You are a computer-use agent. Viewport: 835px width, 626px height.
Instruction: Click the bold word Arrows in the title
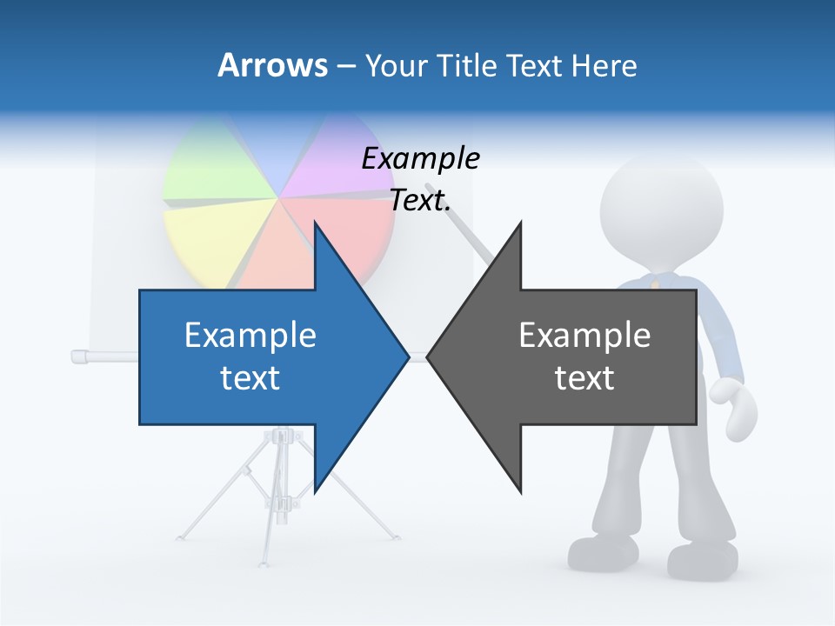click(272, 65)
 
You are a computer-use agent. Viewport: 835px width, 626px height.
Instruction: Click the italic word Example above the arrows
click(421, 159)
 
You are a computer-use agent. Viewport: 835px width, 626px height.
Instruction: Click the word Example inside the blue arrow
click(250, 336)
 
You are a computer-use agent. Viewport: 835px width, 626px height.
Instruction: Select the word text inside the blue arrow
click(250, 378)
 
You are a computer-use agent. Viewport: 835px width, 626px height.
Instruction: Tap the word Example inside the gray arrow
click(584, 336)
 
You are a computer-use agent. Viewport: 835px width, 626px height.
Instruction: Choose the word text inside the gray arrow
click(584, 378)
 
